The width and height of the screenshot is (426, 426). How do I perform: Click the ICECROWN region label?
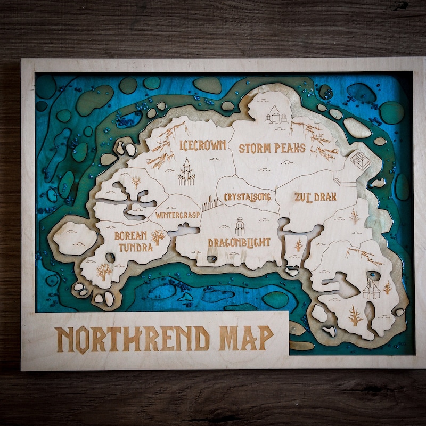pos(203,145)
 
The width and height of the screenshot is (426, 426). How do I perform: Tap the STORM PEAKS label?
pos(272,148)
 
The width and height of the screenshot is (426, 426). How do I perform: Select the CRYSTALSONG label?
pos(247,197)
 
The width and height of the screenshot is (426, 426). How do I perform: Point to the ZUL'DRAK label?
pos(315,196)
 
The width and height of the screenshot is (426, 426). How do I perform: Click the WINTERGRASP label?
pos(178,215)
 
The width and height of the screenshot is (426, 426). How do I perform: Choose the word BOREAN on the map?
pos(131,235)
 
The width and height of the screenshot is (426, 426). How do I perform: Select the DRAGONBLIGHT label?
pos(239,242)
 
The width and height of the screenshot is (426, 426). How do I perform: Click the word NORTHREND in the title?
pos(133,339)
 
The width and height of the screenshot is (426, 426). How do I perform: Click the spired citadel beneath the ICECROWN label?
pos(186,171)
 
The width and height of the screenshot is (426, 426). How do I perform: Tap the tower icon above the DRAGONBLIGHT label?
pos(240,226)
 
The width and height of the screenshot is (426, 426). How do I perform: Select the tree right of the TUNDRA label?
pos(158,237)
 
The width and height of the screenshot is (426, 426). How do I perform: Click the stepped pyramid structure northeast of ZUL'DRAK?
pos(361,160)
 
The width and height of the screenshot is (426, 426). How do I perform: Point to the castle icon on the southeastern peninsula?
pos(371,289)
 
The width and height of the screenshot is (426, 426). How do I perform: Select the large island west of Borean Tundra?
pos(75,238)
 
